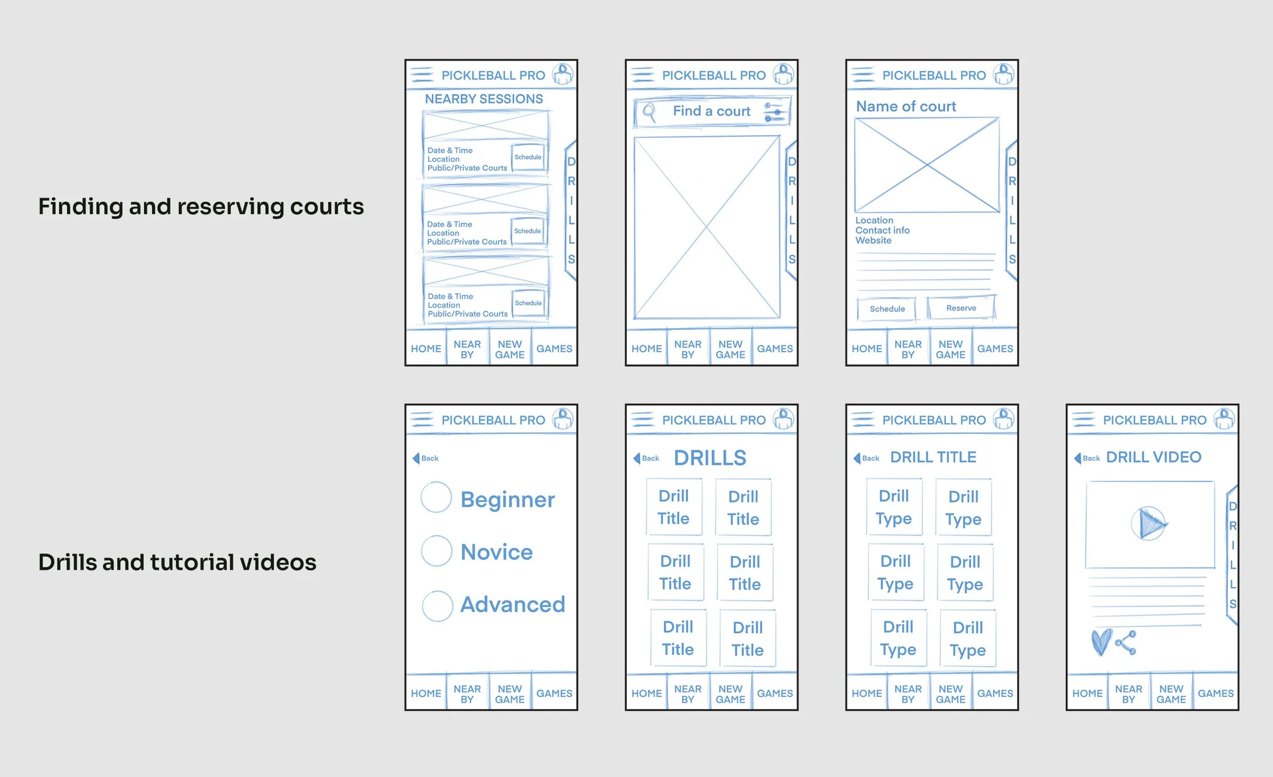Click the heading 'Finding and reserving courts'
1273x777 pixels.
[201, 207]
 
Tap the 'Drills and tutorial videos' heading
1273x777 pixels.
[177, 562]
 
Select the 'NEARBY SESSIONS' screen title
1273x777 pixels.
[484, 99]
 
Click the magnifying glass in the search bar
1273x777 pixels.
[649, 112]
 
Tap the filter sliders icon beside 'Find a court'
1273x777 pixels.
[775, 112]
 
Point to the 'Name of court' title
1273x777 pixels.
[906, 106]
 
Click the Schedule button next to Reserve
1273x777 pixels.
[887, 309]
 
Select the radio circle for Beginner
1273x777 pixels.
[436, 497]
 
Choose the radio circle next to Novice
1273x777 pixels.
[436, 551]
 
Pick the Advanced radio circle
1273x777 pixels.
[437, 606]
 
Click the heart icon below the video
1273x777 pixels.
[1101, 642]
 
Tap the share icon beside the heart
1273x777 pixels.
[1126, 643]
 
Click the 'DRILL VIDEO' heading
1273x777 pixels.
[1154, 457]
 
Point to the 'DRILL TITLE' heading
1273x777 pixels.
[933, 457]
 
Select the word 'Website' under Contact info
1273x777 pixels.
[873, 240]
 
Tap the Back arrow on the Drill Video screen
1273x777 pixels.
[1077, 458]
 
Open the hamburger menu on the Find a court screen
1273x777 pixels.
[643, 75]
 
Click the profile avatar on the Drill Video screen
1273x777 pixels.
[1224, 419]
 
